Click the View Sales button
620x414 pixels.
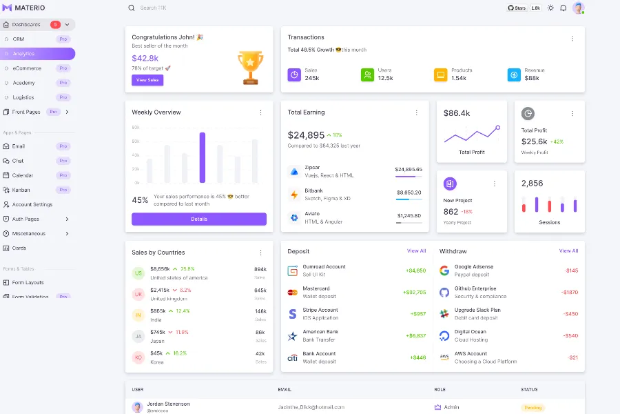[147, 80]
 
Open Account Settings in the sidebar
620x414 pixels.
[32, 204]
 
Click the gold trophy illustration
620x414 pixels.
[250, 67]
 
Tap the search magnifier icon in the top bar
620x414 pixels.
[132, 8]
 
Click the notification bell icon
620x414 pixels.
[563, 8]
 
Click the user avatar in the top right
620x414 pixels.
[578, 8]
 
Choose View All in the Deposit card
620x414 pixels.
[416, 251]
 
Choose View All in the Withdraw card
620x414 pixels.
[568, 251]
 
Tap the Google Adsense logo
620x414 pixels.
[444, 270]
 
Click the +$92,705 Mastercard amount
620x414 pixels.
[414, 293]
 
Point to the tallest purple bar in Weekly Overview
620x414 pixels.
[203, 157]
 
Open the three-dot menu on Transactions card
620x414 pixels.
[572, 39]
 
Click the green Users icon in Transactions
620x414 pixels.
[367, 75]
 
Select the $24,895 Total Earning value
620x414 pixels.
[306, 135]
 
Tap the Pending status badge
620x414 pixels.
[533, 408]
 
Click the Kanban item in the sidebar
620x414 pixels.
[21, 190]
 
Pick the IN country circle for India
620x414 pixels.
[138, 315]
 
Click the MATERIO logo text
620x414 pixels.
[30, 8]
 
